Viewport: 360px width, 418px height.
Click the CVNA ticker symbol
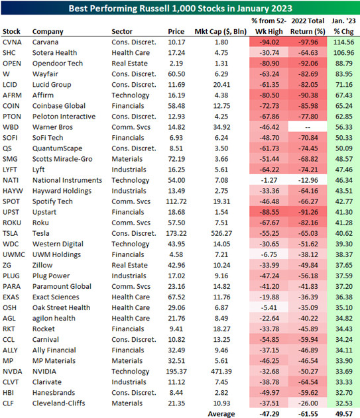pyautogui.click(x=12, y=42)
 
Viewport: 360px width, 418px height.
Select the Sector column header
pyautogui.click(x=122, y=31)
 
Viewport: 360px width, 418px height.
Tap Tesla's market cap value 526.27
pyautogui.click(x=221, y=233)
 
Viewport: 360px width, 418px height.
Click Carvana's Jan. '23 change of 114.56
pyautogui.click(x=343, y=42)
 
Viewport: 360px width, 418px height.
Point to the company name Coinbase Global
pyautogui.click(x=59, y=106)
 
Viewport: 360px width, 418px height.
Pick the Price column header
pyautogui.click(x=176, y=31)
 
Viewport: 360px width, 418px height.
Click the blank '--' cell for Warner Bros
pyautogui.click(x=308, y=127)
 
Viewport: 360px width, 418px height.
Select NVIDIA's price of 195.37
pyautogui.click(x=176, y=372)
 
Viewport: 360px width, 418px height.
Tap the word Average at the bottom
pyautogui.click(x=221, y=414)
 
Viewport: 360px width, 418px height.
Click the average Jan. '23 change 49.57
pyautogui.click(x=343, y=414)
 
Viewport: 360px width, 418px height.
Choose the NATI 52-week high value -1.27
pyautogui.click(x=269, y=180)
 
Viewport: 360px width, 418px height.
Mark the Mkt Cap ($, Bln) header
pyautogui.click(x=220, y=31)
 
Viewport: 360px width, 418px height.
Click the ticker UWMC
pyautogui.click(x=14, y=254)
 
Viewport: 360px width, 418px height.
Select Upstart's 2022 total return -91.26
pyautogui.click(x=308, y=212)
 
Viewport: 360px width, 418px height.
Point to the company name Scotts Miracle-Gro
pyautogui.click(x=62, y=159)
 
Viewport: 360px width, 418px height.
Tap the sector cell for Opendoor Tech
pyautogui.click(x=129, y=64)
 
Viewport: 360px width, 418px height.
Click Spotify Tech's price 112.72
pyautogui.click(x=176, y=201)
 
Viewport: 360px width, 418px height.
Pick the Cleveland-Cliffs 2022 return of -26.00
pyautogui.click(x=308, y=403)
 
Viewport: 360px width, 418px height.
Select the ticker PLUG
pyautogui.click(x=11, y=276)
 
